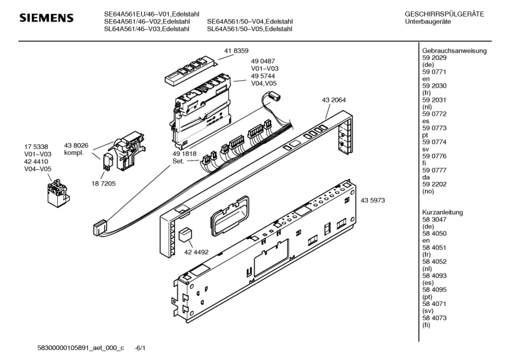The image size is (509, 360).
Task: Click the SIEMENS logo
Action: pyautogui.click(x=46, y=18)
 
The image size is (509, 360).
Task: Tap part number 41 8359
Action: pyautogui.click(x=236, y=51)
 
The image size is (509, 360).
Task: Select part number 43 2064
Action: pyautogui.click(x=333, y=100)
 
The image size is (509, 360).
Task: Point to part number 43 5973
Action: pyautogui.click(x=373, y=200)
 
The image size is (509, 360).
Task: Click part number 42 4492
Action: pyautogui.click(x=197, y=252)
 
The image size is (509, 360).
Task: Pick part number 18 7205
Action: pyautogui.click(x=104, y=183)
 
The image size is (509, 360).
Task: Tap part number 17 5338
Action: pyautogui.click(x=36, y=147)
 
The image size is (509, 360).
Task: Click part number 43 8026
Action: pyautogui.click(x=76, y=146)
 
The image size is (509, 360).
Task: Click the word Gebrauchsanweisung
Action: pyautogui.click(x=454, y=51)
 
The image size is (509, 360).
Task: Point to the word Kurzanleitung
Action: pyautogui.click(x=442, y=212)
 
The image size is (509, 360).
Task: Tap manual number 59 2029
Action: pyautogui.click(x=435, y=58)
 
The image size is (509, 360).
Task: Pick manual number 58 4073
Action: pyautogui.click(x=435, y=318)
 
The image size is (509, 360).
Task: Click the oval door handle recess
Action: pyautogui.click(x=230, y=215)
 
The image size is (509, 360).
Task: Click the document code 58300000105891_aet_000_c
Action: pyautogui.click(x=81, y=348)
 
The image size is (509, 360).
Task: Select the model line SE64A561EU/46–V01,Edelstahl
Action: pyautogui.click(x=151, y=14)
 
